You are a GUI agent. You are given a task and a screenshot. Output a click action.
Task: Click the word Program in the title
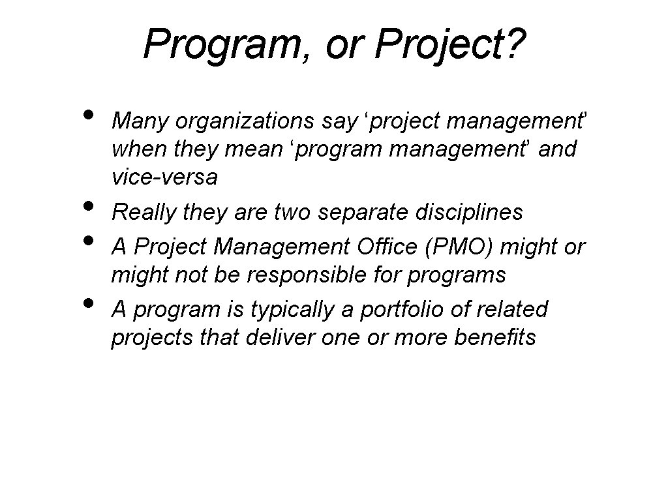click(x=219, y=43)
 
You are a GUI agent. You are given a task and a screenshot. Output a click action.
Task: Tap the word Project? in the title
click(x=451, y=43)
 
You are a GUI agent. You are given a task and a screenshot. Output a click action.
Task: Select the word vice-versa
click(x=164, y=177)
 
